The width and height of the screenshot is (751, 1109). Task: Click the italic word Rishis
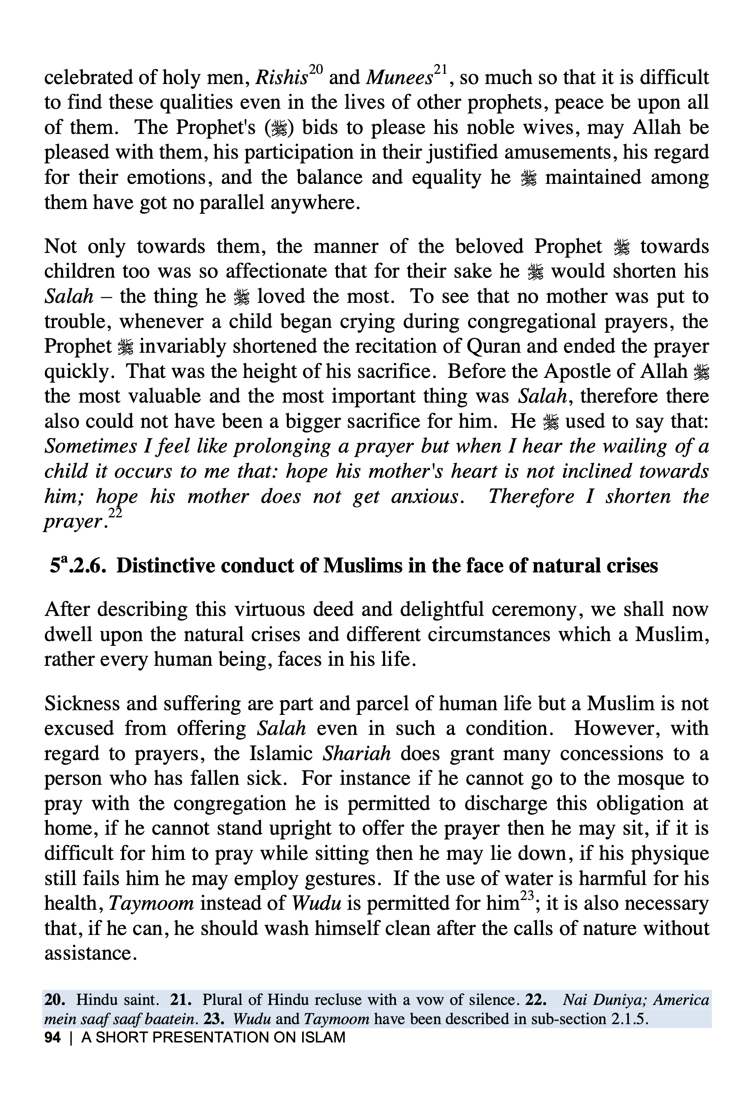pos(281,78)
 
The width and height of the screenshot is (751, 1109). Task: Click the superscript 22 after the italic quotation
pos(115,513)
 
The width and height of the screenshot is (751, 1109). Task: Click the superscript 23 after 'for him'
pos(527,896)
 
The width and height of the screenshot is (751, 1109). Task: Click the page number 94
pos(52,1037)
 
